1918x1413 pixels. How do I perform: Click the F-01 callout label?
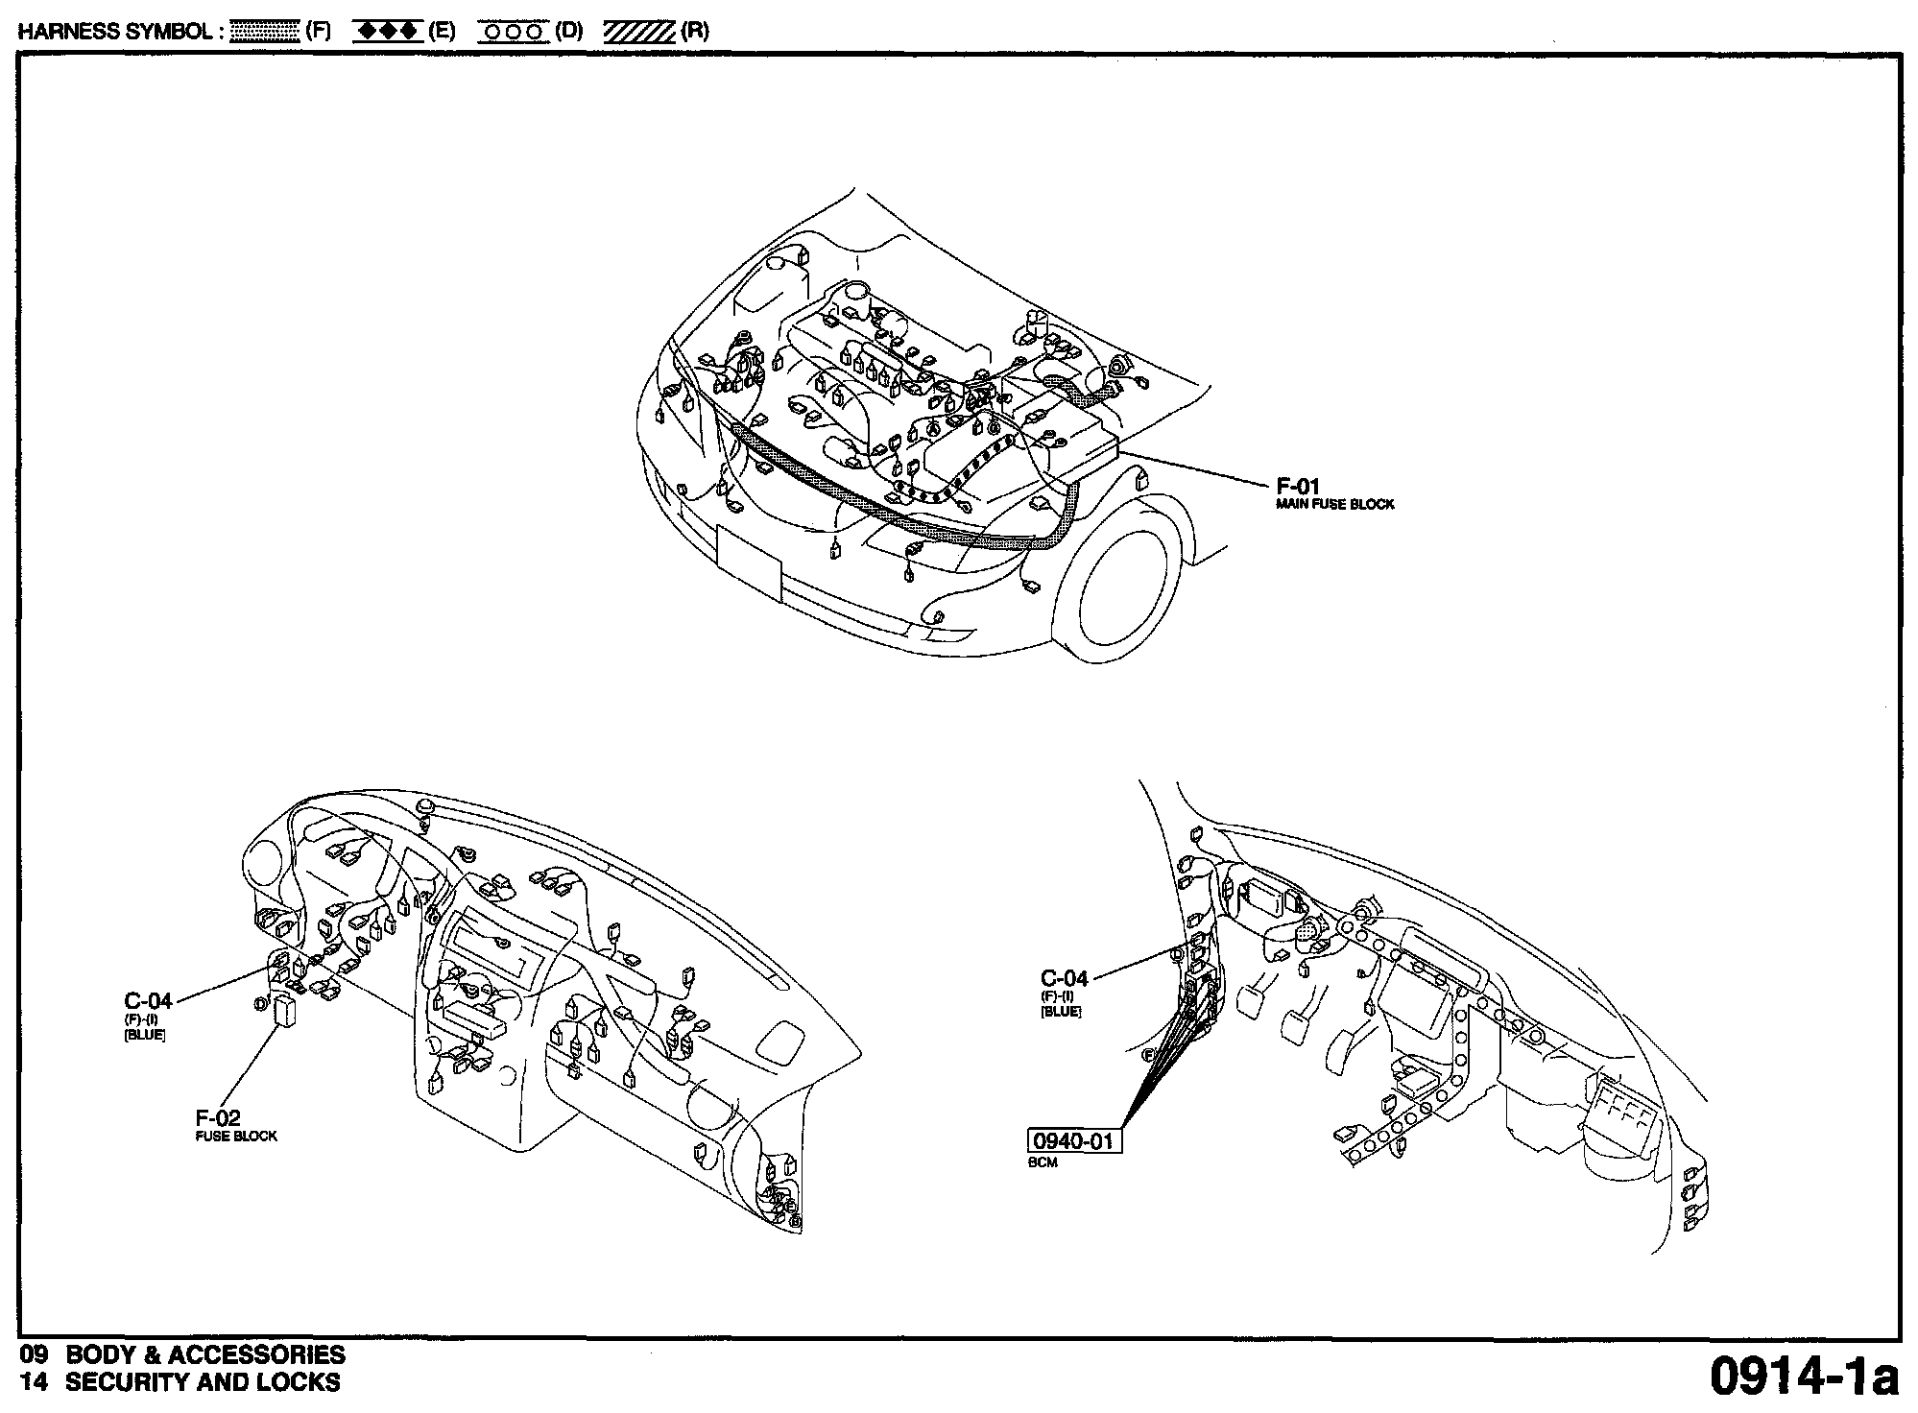1297,486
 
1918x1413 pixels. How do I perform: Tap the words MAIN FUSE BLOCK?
1334,504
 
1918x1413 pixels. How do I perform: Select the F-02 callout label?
218,1117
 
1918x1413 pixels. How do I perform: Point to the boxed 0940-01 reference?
1074,1141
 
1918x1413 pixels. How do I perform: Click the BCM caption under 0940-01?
1043,1162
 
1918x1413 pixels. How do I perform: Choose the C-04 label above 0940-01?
1065,978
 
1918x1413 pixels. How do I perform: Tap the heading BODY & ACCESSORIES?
205,1354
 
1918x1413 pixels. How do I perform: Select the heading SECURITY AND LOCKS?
203,1382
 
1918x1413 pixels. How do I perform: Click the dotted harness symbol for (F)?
266,32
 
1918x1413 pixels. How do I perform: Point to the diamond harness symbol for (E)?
388,32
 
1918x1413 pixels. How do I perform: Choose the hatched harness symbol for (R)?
639,32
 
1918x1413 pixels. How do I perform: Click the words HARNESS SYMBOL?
114,32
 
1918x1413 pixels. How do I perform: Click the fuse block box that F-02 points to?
285,1011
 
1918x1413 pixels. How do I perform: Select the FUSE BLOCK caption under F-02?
235,1137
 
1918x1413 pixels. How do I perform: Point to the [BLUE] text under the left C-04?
145,1035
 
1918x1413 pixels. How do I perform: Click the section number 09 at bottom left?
34,1354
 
